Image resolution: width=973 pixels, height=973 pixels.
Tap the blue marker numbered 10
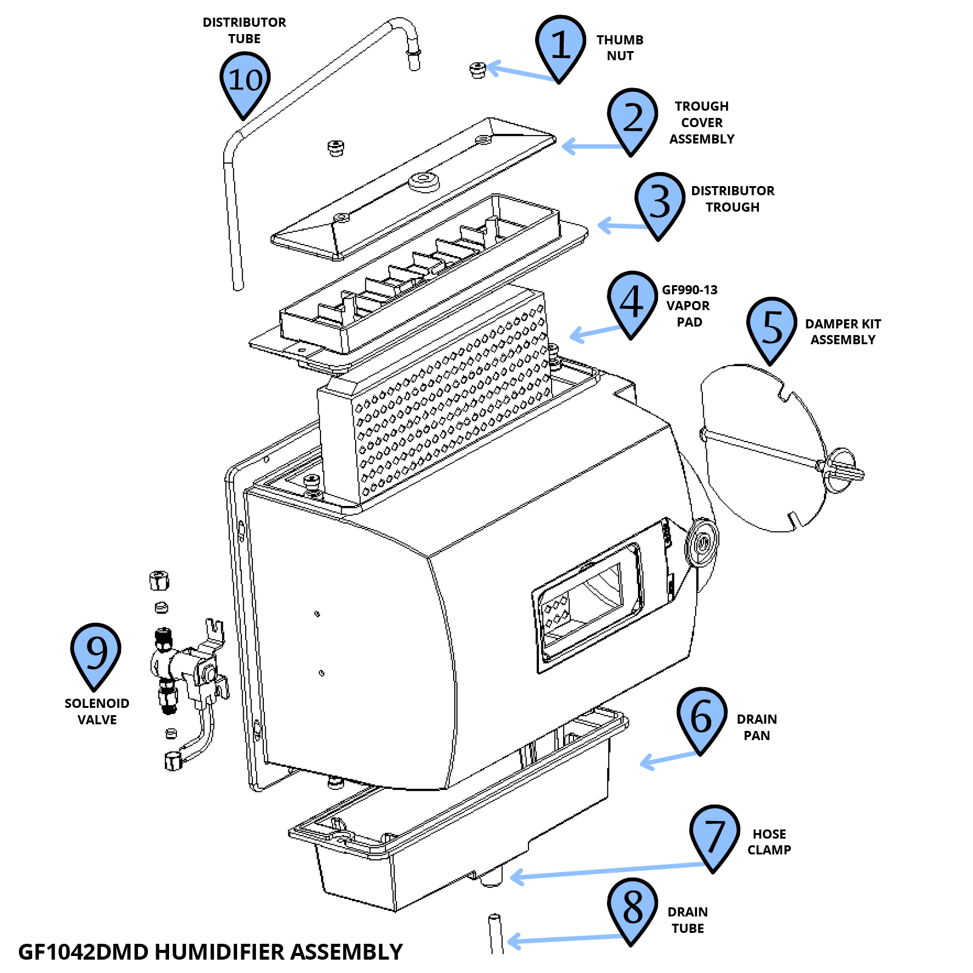point(244,80)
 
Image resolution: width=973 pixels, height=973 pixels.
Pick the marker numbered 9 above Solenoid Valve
point(95,652)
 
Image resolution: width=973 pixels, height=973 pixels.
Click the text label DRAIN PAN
point(757,727)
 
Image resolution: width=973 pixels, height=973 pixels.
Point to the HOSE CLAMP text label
point(769,842)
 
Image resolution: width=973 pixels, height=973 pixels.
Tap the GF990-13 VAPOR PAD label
point(689,306)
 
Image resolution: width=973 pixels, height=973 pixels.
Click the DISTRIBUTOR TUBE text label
point(244,30)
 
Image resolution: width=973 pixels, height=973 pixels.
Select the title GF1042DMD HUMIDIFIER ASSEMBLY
point(210,952)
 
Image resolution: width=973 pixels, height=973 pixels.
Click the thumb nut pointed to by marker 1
point(478,70)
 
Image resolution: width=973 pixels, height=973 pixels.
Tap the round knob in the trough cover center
point(424,181)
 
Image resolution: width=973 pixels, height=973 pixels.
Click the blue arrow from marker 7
point(608,870)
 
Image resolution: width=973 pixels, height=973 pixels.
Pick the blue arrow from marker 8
point(566,939)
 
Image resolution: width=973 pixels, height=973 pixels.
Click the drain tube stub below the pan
point(496,933)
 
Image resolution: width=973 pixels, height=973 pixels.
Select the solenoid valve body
point(182,663)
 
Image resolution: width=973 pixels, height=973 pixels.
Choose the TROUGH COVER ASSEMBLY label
point(701,122)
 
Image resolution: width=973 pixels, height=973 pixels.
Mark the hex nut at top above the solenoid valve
point(159,580)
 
